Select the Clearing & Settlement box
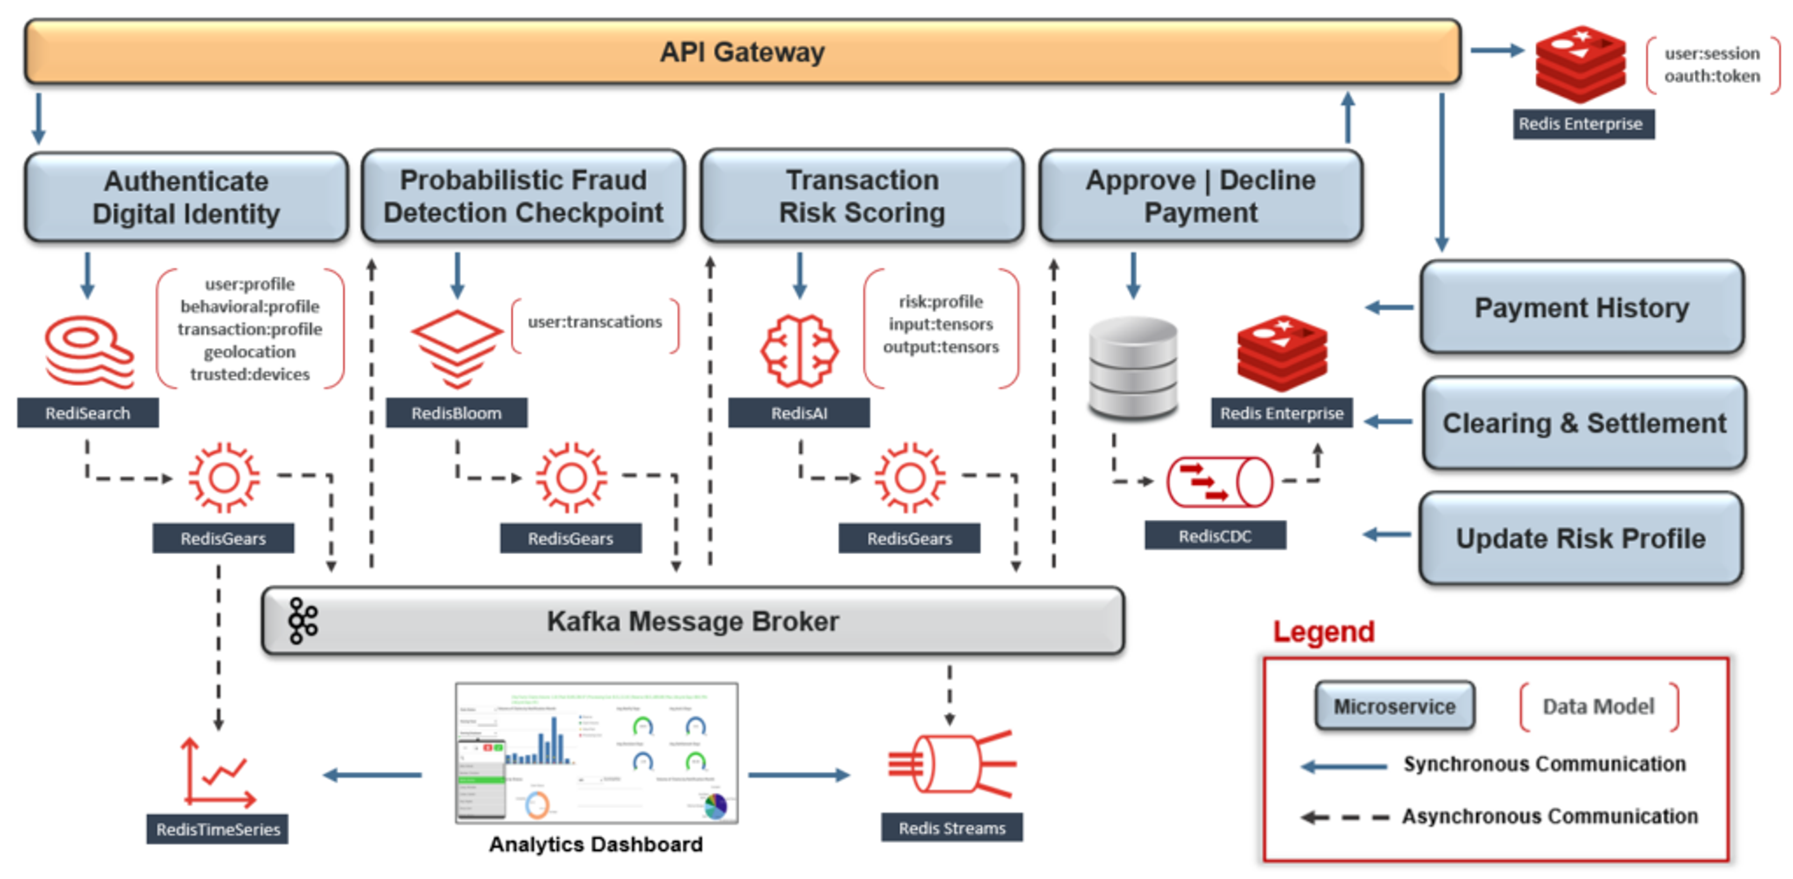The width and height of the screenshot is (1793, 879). coord(1583,423)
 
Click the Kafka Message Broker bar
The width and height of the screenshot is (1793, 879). coord(692,621)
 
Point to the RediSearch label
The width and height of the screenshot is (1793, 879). coord(88,414)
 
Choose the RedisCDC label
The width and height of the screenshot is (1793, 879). coord(1214,536)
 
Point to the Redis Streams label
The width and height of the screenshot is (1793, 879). coord(952,828)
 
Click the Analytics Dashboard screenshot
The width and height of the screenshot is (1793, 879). coord(597,753)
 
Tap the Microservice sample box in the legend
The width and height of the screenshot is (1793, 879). coord(1394,706)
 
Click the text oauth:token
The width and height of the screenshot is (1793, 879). coord(1712,76)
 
